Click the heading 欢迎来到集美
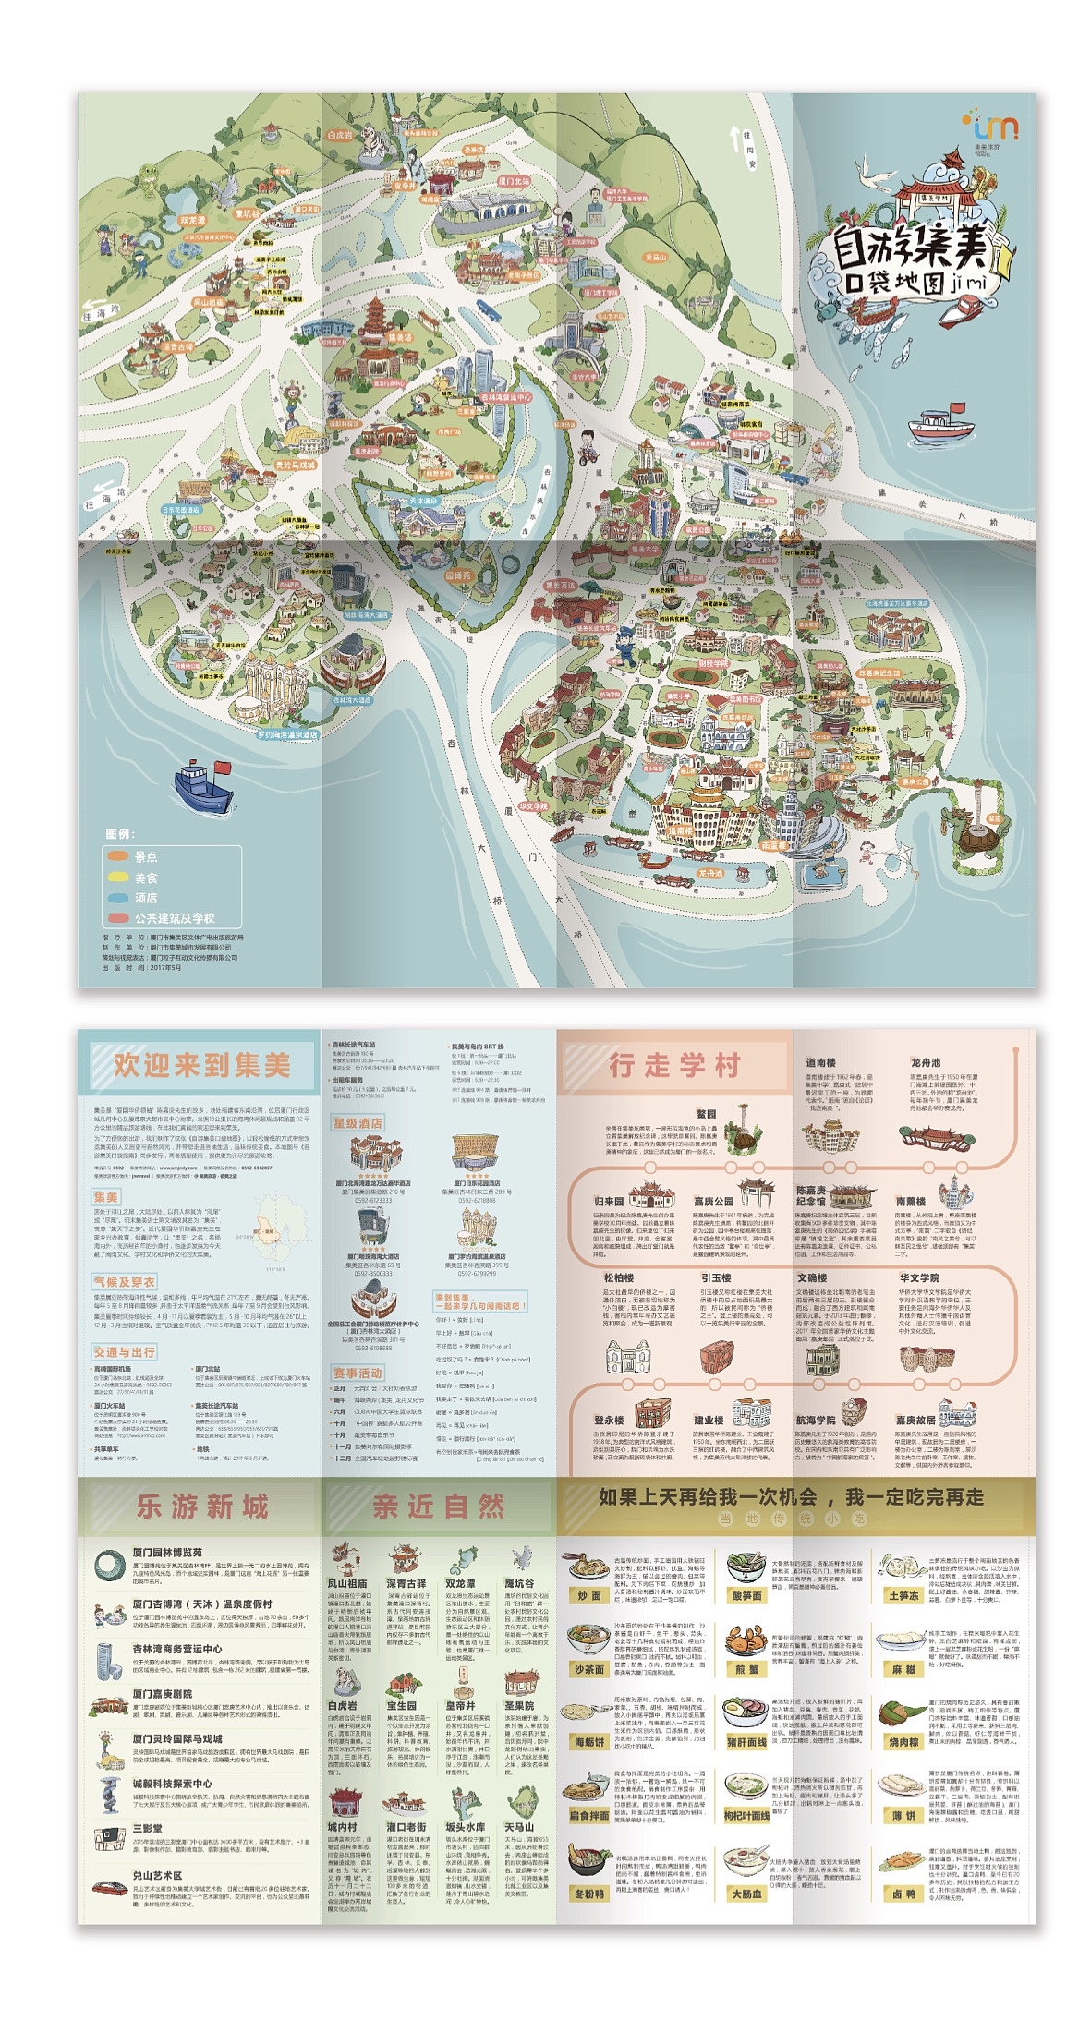[201, 1065]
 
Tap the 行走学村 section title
[674, 1065]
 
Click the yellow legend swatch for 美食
[117, 877]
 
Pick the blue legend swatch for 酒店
[117, 898]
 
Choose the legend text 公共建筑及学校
[175, 918]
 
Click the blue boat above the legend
[202, 785]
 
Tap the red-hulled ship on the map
[940, 425]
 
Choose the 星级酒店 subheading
[358, 1123]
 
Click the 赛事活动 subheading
[358, 1373]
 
